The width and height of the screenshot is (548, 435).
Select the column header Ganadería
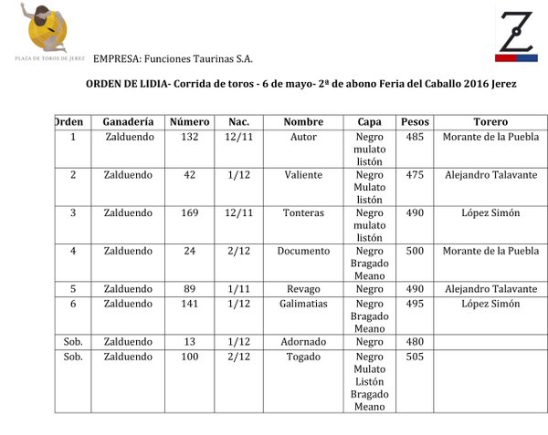(x=128, y=122)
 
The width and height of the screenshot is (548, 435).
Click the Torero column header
(x=490, y=122)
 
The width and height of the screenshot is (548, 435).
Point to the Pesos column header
(x=415, y=122)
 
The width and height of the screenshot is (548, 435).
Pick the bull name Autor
(x=303, y=138)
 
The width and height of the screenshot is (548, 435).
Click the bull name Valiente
(x=303, y=175)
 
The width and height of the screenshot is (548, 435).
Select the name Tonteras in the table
(x=303, y=213)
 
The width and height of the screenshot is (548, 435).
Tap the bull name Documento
(x=303, y=251)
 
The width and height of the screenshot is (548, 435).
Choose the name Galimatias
(x=303, y=304)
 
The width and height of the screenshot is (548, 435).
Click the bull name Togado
(x=303, y=357)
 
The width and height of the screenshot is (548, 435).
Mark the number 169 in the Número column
(x=190, y=213)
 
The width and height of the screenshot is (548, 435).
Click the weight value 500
(x=415, y=251)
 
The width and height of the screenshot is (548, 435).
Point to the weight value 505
(x=415, y=357)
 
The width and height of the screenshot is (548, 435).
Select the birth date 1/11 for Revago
(x=239, y=289)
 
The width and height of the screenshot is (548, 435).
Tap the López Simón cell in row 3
(x=490, y=213)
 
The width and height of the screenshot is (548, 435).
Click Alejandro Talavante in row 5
(x=490, y=289)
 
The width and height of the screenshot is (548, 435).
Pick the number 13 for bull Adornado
(x=190, y=342)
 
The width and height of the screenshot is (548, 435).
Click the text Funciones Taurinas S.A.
(x=196, y=58)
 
